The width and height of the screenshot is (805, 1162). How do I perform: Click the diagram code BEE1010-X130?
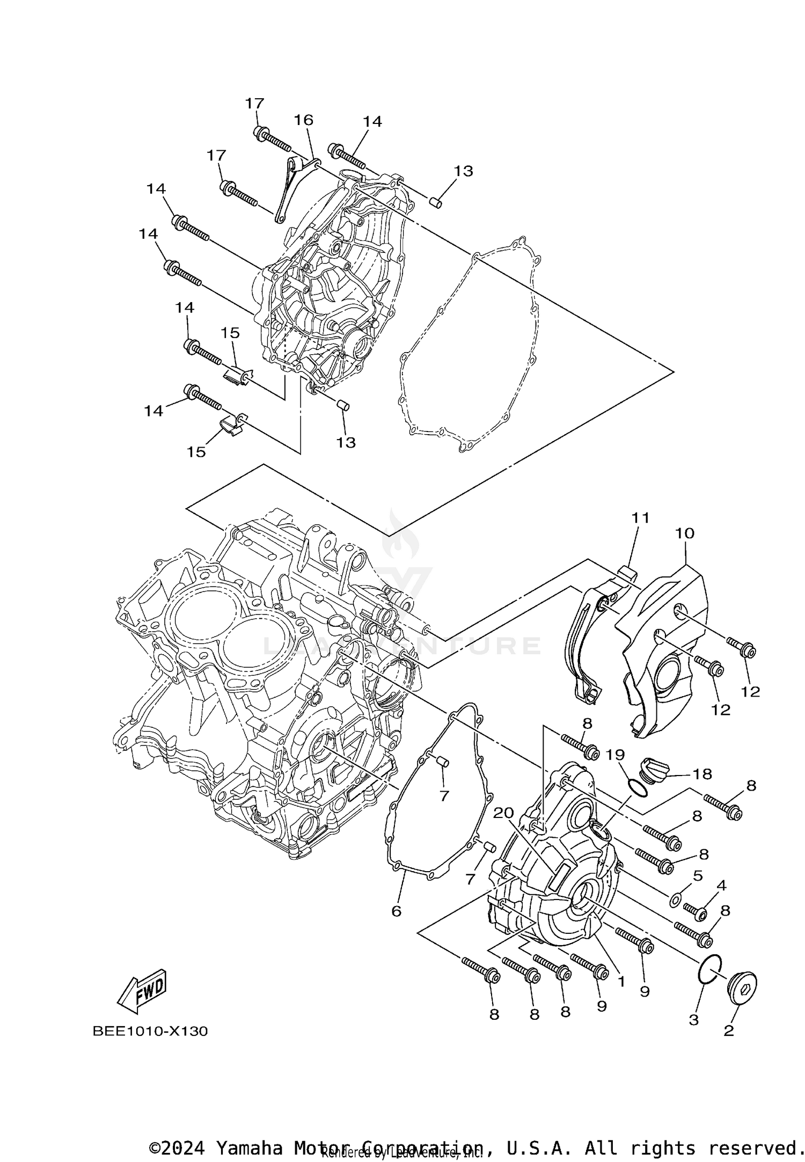[150, 1031]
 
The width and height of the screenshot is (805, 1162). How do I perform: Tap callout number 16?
[303, 120]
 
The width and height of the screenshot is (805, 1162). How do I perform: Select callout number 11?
[640, 518]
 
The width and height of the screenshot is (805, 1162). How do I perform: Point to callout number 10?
[685, 533]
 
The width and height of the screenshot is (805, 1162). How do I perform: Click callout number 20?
[504, 813]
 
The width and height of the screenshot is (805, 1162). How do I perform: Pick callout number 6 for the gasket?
[396, 911]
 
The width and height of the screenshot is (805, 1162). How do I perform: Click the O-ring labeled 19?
[636, 787]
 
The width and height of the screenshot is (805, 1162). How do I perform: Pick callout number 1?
[621, 982]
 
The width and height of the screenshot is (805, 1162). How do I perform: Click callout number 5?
[697, 876]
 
